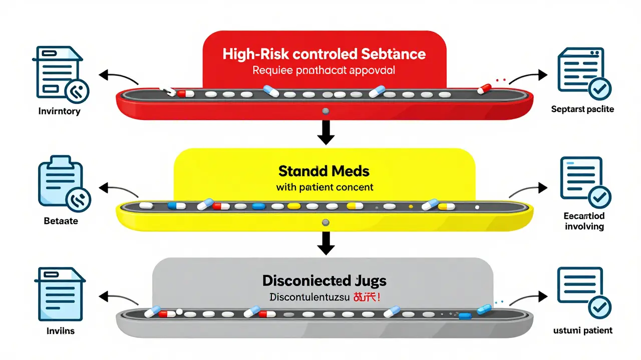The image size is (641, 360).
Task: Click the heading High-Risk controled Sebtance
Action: pyautogui.click(x=324, y=54)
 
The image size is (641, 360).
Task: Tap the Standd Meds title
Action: pyautogui.click(x=324, y=171)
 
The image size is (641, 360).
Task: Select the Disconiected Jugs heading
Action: pyautogui.click(x=324, y=280)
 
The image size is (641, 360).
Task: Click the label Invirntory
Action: pyautogui.click(x=59, y=111)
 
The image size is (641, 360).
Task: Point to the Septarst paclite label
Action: pyautogui.click(x=582, y=109)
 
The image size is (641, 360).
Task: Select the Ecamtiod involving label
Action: pyautogui.click(x=584, y=221)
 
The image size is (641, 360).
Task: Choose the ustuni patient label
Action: pyautogui.click(x=583, y=330)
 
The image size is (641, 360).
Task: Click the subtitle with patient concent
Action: pyautogui.click(x=324, y=188)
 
